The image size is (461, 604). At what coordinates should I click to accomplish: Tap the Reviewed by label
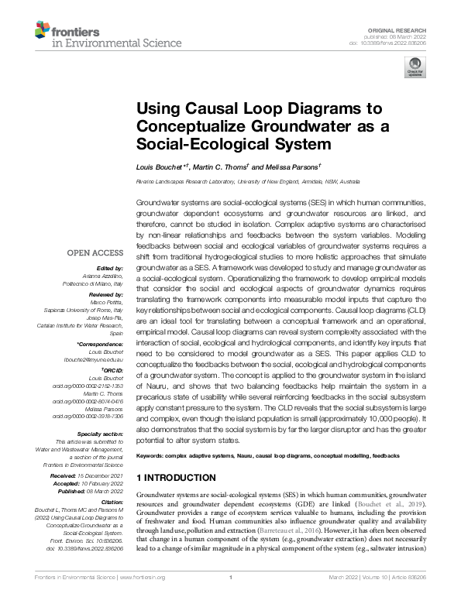(105, 295)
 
